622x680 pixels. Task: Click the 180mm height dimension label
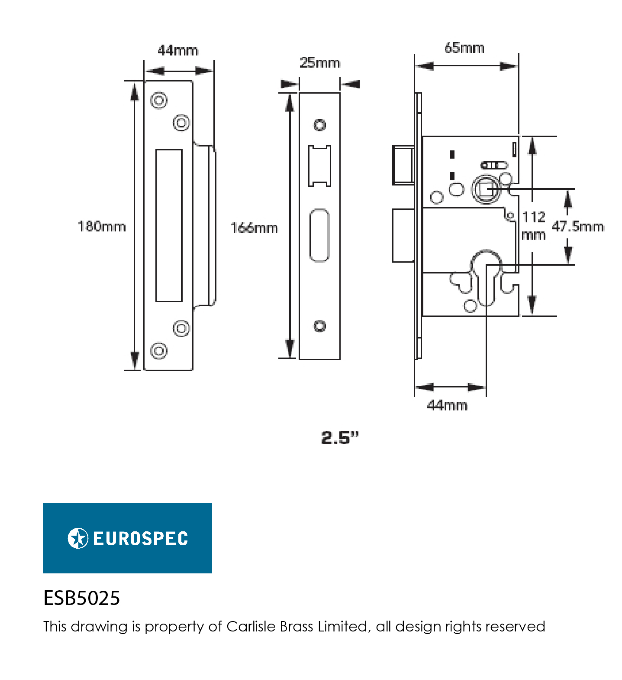pyautogui.click(x=102, y=226)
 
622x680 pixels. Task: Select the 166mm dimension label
pyautogui.click(x=254, y=228)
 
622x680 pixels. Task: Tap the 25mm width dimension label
pyautogui.click(x=320, y=62)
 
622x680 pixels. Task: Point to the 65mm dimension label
pyautogui.click(x=464, y=48)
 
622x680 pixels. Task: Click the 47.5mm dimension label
pyautogui.click(x=578, y=226)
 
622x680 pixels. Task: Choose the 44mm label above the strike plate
pyautogui.click(x=178, y=50)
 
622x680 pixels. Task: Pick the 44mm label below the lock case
pyautogui.click(x=447, y=405)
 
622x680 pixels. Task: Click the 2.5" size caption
pyautogui.click(x=340, y=438)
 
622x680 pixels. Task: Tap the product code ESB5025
pyautogui.click(x=82, y=598)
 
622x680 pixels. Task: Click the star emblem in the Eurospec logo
pyautogui.click(x=78, y=538)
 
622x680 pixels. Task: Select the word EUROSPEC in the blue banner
pyautogui.click(x=141, y=539)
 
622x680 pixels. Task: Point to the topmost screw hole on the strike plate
pyautogui.click(x=159, y=101)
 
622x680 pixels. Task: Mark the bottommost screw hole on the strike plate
pyautogui.click(x=159, y=350)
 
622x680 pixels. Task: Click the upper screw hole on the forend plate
pyautogui.click(x=320, y=125)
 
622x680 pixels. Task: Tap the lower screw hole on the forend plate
pyautogui.click(x=320, y=326)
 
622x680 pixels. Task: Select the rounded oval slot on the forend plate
pyautogui.click(x=319, y=235)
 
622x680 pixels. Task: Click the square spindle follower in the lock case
pyautogui.click(x=487, y=189)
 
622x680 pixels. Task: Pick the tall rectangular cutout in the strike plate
pyautogui.click(x=169, y=225)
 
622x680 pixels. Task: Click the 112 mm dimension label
pyautogui.click(x=534, y=226)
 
